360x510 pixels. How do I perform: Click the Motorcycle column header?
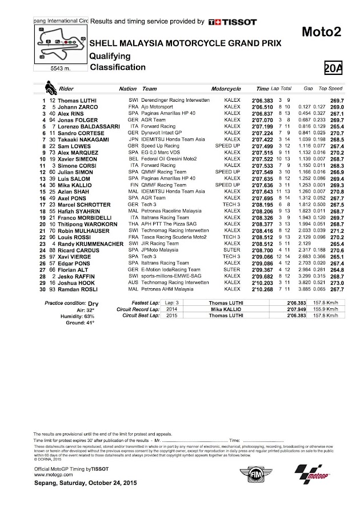[x=226, y=90]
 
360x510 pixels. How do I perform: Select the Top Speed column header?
[x=330, y=90]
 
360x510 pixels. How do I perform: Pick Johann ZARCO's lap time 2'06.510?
[x=265, y=106]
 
